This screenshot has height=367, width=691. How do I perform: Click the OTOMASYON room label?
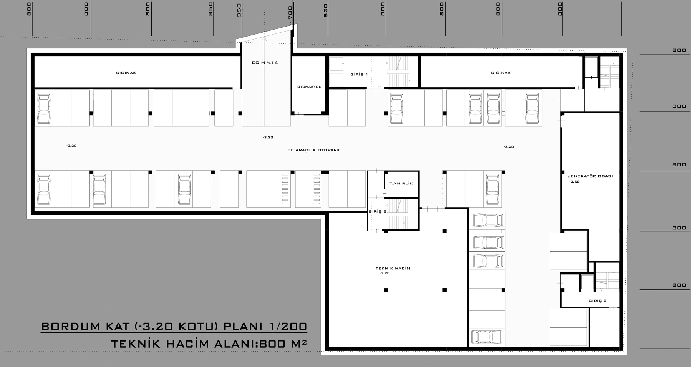(x=309, y=87)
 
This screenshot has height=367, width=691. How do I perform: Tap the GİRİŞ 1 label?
(x=359, y=74)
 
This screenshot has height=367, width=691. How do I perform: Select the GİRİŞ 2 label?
(x=378, y=211)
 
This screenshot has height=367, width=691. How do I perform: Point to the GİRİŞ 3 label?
(x=597, y=301)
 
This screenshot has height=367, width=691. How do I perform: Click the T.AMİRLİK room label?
(x=401, y=183)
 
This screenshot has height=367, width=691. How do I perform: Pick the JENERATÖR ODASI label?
(x=590, y=176)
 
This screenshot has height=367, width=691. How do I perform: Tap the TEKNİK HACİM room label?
(x=393, y=268)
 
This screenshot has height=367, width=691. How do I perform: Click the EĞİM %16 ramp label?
(x=265, y=63)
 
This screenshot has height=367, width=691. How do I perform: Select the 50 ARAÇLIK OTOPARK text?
(x=314, y=150)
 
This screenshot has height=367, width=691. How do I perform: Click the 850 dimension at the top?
(x=210, y=9)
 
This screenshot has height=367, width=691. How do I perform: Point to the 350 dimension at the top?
(x=239, y=10)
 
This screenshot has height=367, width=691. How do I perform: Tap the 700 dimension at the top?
(x=290, y=12)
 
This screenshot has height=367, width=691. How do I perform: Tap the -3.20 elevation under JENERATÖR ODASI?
(x=574, y=182)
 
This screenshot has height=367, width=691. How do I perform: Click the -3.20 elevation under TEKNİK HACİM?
(x=384, y=273)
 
